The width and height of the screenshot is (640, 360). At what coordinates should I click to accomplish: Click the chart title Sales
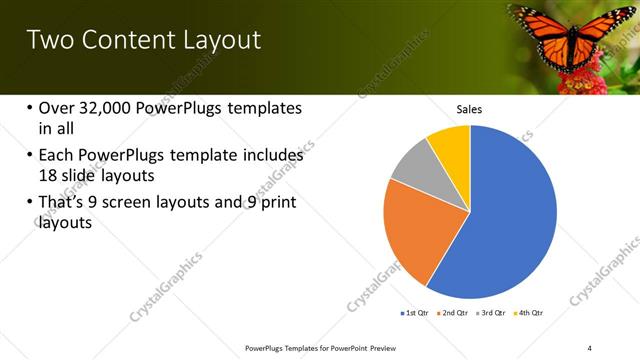470,108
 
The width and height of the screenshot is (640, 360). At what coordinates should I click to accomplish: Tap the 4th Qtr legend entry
529,314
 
